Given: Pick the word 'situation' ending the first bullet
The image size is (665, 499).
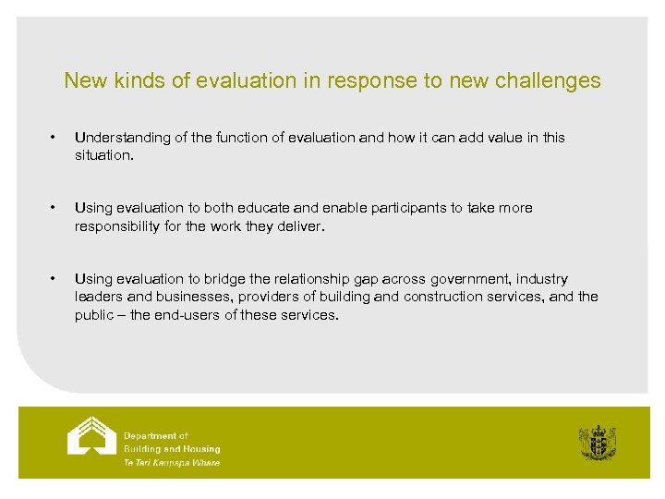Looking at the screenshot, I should click(103, 155).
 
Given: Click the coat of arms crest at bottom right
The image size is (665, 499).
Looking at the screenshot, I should click(597, 443).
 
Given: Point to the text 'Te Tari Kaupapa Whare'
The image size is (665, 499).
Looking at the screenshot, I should click(172, 462).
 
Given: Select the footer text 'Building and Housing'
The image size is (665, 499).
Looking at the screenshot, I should click(172, 449).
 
